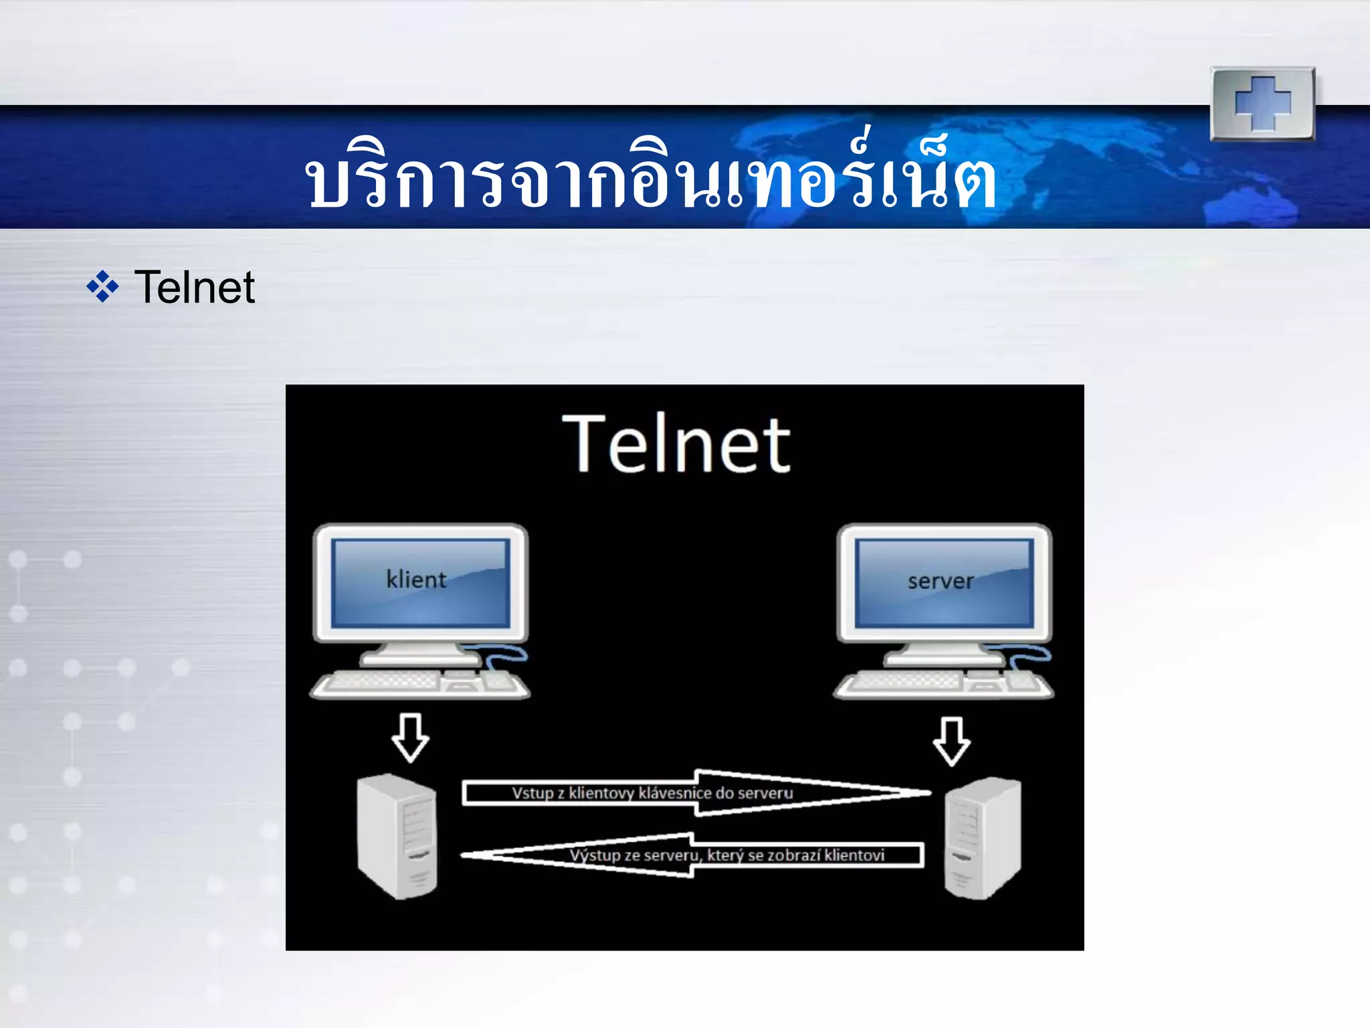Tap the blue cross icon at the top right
pyautogui.click(x=1262, y=104)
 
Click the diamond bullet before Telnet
pyautogui.click(x=102, y=287)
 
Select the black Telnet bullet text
pyautogui.click(x=194, y=288)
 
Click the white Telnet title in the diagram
pyautogui.click(x=676, y=444)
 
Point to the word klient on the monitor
pyautogui.click(x=416, y=580)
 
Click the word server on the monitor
pyautogui.click(x=941, y=581)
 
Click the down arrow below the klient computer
pyautogui.click(x=410, y=738)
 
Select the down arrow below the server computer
pyautogui.click(x=951, y=741)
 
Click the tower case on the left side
pyautogui.click(x=397, y=837)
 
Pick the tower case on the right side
pyautogui.click(x=982, y=838)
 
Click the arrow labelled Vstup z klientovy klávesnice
pyautogui.click(x=696, y=793)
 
